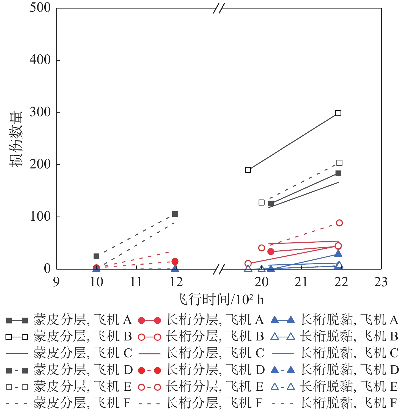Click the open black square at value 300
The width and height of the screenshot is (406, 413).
[x=338, y=113]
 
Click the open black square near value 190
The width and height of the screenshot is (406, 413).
[x=248, y=170]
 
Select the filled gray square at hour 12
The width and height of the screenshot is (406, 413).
[x=175, y=214]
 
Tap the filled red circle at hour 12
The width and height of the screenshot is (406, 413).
[x=175, y=261]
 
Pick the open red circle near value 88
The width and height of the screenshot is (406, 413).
[x=339, y=223]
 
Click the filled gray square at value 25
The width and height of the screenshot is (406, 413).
[x=96, y=256]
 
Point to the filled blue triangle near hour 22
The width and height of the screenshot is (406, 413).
[x=338, y=253]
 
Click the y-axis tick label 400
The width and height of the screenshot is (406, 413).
[x=40, y=60]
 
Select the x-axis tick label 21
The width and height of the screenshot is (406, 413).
[x=301, y=282]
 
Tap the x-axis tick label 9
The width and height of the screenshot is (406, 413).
[x=56, y=282]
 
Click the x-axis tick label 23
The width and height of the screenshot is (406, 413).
[x=381, y=282]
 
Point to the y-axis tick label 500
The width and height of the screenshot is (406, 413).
[x=40, y=8]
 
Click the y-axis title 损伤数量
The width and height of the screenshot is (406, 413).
[x=16, y=139]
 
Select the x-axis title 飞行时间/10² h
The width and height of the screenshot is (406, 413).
[x=219, y=300]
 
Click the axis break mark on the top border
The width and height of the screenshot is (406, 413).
[x=219, y=8]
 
